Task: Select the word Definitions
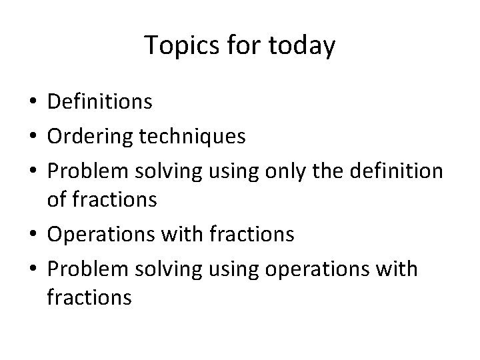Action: click(x=100, y=102)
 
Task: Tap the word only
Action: click(x=294, y=171)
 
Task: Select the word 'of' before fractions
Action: click(x=57, y=200)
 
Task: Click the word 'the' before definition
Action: click(x=338, y=171)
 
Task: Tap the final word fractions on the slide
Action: click(x=89, y=298)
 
